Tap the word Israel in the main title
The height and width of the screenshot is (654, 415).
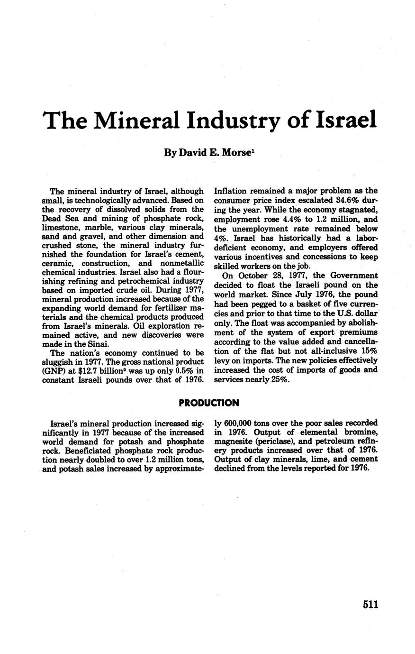340,120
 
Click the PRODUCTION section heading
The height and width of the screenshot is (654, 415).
209,403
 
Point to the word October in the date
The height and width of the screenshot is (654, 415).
250,275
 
